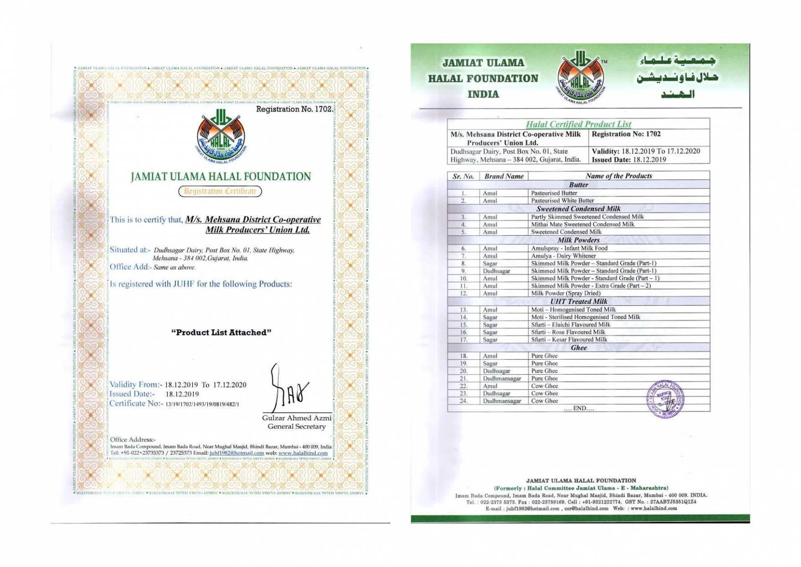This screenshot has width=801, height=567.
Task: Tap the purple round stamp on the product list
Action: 665,399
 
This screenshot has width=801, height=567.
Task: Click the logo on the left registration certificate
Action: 221,137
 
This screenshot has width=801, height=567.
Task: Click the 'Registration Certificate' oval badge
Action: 220,191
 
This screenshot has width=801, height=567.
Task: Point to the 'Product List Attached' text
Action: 221,333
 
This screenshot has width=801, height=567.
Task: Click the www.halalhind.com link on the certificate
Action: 303,453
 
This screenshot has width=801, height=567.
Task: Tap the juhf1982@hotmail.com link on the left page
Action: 236,453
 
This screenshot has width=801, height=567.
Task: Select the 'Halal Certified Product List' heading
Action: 578,124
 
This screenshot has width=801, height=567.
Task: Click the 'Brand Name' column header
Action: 504,176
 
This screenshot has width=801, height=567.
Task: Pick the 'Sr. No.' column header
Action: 463,176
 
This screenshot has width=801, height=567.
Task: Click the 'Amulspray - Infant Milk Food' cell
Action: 569,248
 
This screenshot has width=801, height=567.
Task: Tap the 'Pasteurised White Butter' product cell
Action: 562,201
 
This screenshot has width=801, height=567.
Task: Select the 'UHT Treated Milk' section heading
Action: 578,302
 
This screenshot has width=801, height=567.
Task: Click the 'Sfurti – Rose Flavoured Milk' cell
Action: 568,332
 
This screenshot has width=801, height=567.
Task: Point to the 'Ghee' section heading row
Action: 578,348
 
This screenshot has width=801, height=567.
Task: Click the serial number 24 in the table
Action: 464,401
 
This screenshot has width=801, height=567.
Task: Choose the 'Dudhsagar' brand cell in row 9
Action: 496,271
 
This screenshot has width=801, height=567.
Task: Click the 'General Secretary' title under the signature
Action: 296,427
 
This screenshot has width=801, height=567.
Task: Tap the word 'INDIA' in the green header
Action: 483,94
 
